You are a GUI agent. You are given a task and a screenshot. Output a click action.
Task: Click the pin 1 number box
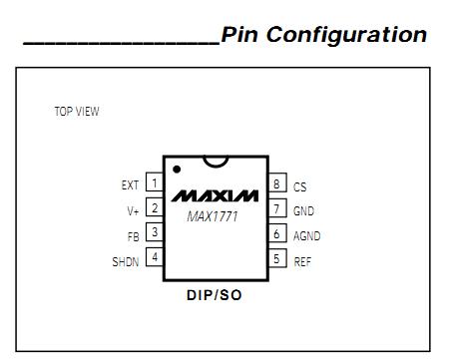[x=155, y=182]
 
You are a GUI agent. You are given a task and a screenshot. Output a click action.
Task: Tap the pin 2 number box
[x=155, y=208]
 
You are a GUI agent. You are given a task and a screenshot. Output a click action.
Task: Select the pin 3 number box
[x=155, y=233]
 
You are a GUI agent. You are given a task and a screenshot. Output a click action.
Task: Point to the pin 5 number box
[x=278, y=260]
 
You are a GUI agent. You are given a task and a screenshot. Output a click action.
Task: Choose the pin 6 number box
[x=278, y=235]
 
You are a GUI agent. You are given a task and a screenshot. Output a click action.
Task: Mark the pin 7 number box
[x=278, y=209]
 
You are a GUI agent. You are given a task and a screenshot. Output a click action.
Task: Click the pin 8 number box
[x=278, y=184]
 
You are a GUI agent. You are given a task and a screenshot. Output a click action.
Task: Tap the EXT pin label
[x=131, y=184]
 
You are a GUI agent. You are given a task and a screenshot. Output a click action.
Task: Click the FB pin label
[x=135, y=235]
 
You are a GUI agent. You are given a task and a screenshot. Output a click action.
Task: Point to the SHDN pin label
[x=126, y=261]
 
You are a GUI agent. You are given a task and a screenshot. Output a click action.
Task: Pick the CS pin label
[x=299, y=186]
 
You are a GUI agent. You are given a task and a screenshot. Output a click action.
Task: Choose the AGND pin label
[x=306, y=236]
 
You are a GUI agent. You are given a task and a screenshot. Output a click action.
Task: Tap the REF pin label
[x=302, y=261]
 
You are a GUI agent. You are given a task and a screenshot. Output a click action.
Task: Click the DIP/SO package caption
[x=215, y=296]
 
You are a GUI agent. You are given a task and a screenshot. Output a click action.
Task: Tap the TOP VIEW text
[x=77, y=112]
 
